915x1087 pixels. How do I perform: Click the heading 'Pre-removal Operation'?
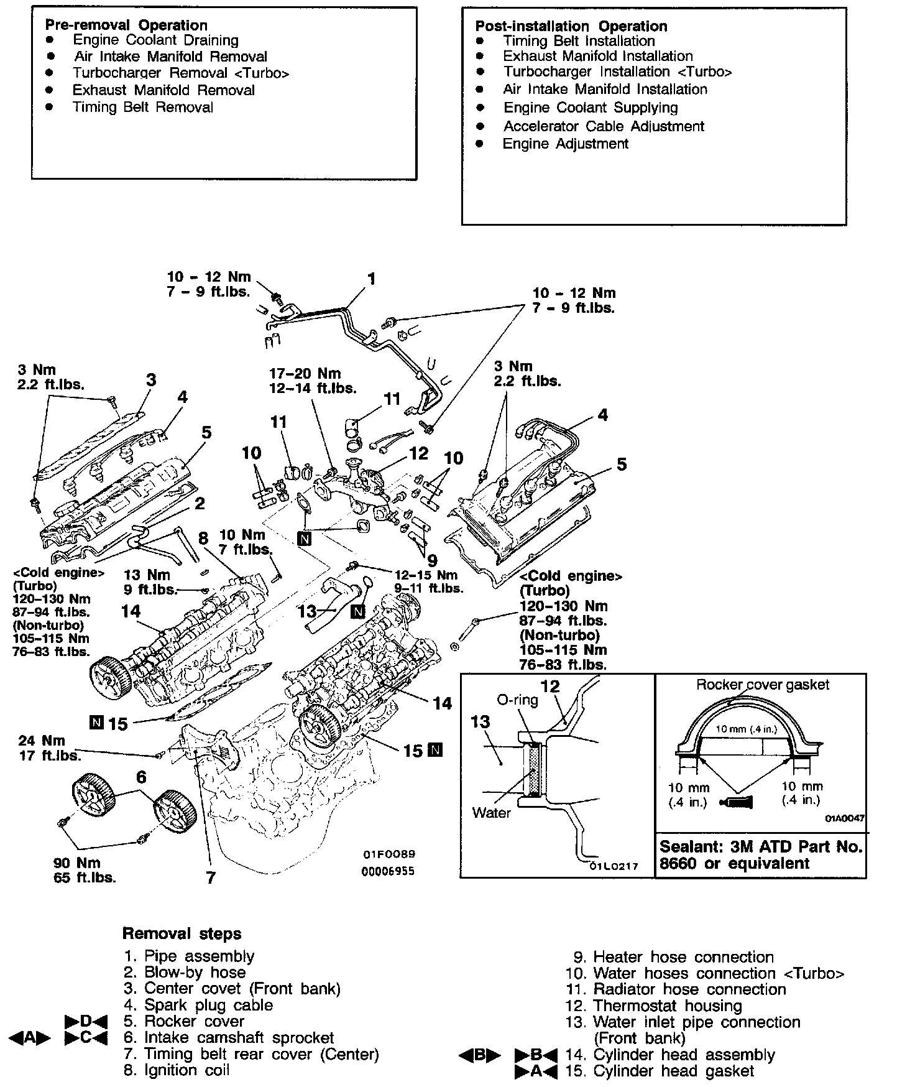[126, 25]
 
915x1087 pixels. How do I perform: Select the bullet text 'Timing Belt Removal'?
[142, 107]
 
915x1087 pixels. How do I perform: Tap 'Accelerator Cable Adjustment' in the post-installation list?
[603, 126]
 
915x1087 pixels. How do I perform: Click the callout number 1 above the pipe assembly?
[372, 279]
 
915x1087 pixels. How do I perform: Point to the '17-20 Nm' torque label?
[305, 373]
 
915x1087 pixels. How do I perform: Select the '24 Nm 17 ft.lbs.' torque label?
[50, 748]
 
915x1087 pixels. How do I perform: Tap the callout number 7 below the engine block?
[211, 877]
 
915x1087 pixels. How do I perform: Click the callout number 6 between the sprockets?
[141, 777]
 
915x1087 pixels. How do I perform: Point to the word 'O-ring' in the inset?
[517, 700]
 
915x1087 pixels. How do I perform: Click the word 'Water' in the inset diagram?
[491, 812]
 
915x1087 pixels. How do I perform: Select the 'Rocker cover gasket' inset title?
[762, 685]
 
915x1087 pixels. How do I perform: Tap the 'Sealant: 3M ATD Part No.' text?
[761, 847]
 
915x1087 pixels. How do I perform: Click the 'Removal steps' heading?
[182, 933]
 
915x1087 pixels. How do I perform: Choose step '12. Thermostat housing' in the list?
[654, 1006]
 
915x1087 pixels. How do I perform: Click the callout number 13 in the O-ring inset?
[480, 722]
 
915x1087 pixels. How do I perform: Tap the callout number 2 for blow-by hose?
[199, 503]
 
